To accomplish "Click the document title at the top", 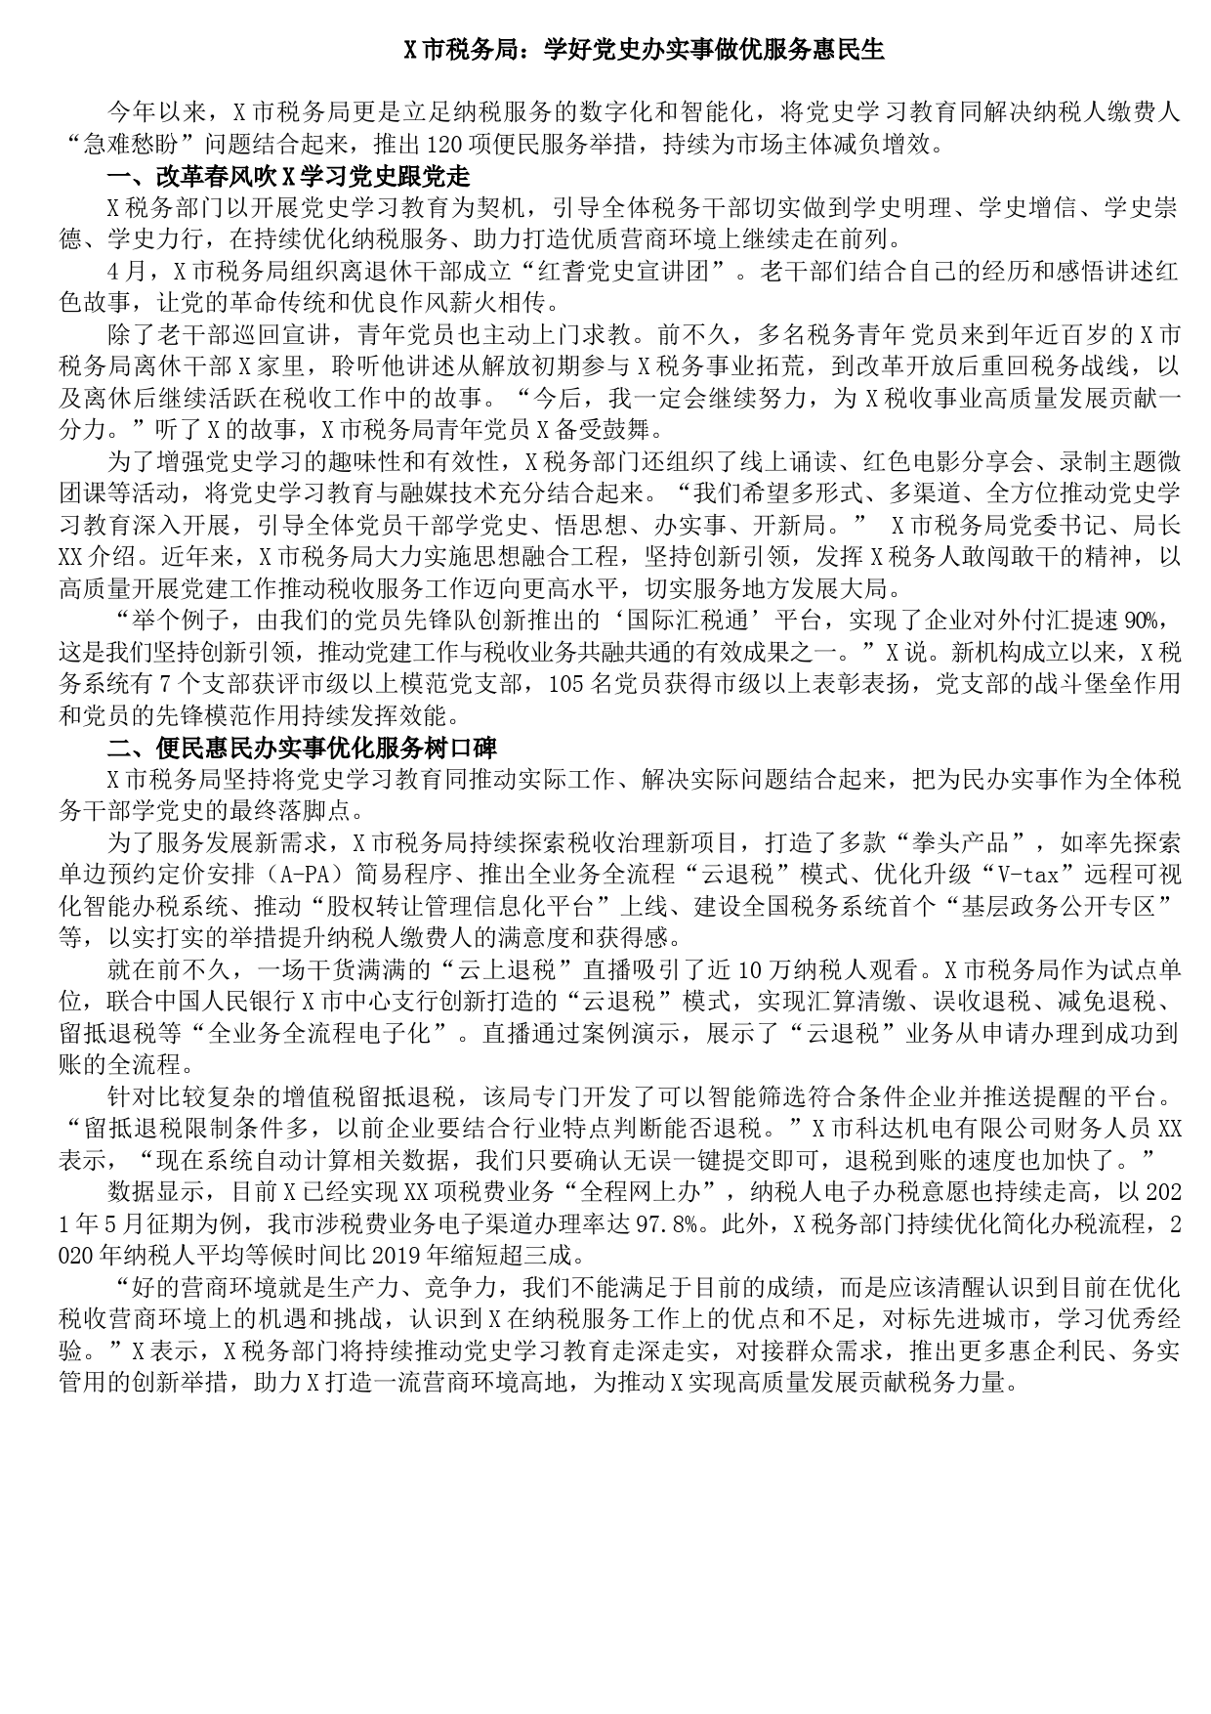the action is point(644,51).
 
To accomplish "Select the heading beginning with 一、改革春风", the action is point(289,177).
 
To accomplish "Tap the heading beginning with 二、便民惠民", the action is point(302,748).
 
